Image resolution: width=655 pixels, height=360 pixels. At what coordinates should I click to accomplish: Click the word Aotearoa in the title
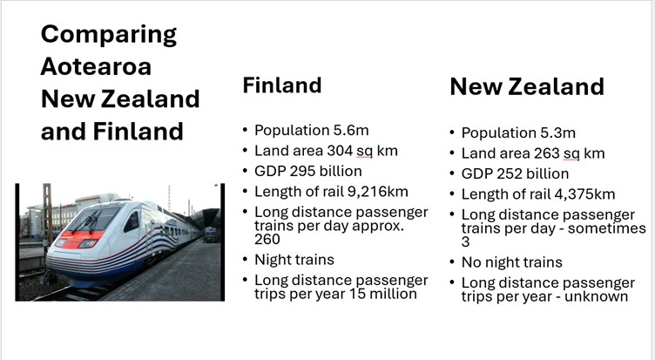pyautogui.click(x=96, y=66)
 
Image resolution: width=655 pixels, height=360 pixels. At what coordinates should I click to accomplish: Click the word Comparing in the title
pyautogui.click(x=109, y=35)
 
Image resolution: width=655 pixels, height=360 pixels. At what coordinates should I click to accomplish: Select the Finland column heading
pyautogui.click(x=282, y=85)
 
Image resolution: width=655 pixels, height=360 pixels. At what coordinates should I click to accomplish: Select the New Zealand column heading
pyautogui.click(x=527, y=87)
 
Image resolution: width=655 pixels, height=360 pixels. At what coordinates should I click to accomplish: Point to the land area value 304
pyautogui.click(x=340, y=151)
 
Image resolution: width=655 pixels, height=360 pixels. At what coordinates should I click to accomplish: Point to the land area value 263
pyautogui.click(x=546, y=153)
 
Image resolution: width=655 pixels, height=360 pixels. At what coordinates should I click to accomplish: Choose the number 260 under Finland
pyautogui.click(x=267, y=239)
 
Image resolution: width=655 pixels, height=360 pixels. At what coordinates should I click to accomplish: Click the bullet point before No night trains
pyautogui.click(x=452, y=262)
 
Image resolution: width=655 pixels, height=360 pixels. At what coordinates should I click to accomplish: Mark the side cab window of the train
pyautogui.click(x=132, y=221)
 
